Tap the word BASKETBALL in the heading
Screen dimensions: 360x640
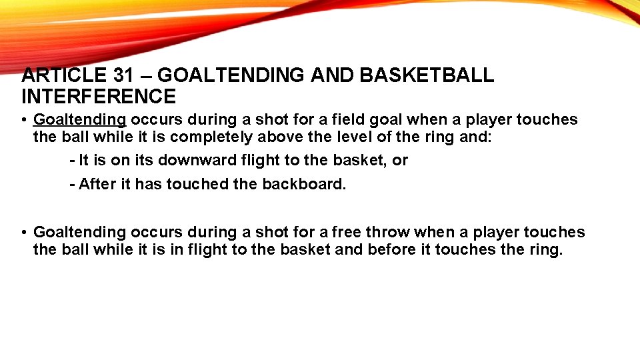[427, 76]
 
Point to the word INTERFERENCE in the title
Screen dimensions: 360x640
[99, 97]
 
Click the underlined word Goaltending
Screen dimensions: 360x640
[80, 120]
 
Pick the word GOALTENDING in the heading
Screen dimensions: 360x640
[243, 76]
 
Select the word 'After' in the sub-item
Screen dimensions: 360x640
[97, 185]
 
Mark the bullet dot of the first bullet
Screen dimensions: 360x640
[23, 121]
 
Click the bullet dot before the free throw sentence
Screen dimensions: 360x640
[23, 233]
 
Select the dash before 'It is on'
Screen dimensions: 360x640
[72, 161]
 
